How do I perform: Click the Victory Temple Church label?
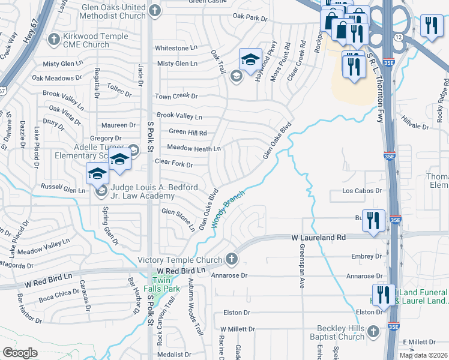point(180,260)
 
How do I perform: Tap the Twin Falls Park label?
point(166,284)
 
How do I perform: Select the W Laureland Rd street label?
point(319,238)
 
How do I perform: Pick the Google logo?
point(20,353)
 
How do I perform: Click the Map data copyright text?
point(423,355)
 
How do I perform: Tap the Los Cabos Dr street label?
point(362,191)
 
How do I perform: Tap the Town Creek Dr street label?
point(176,96)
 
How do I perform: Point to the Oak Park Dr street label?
point(250,19)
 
